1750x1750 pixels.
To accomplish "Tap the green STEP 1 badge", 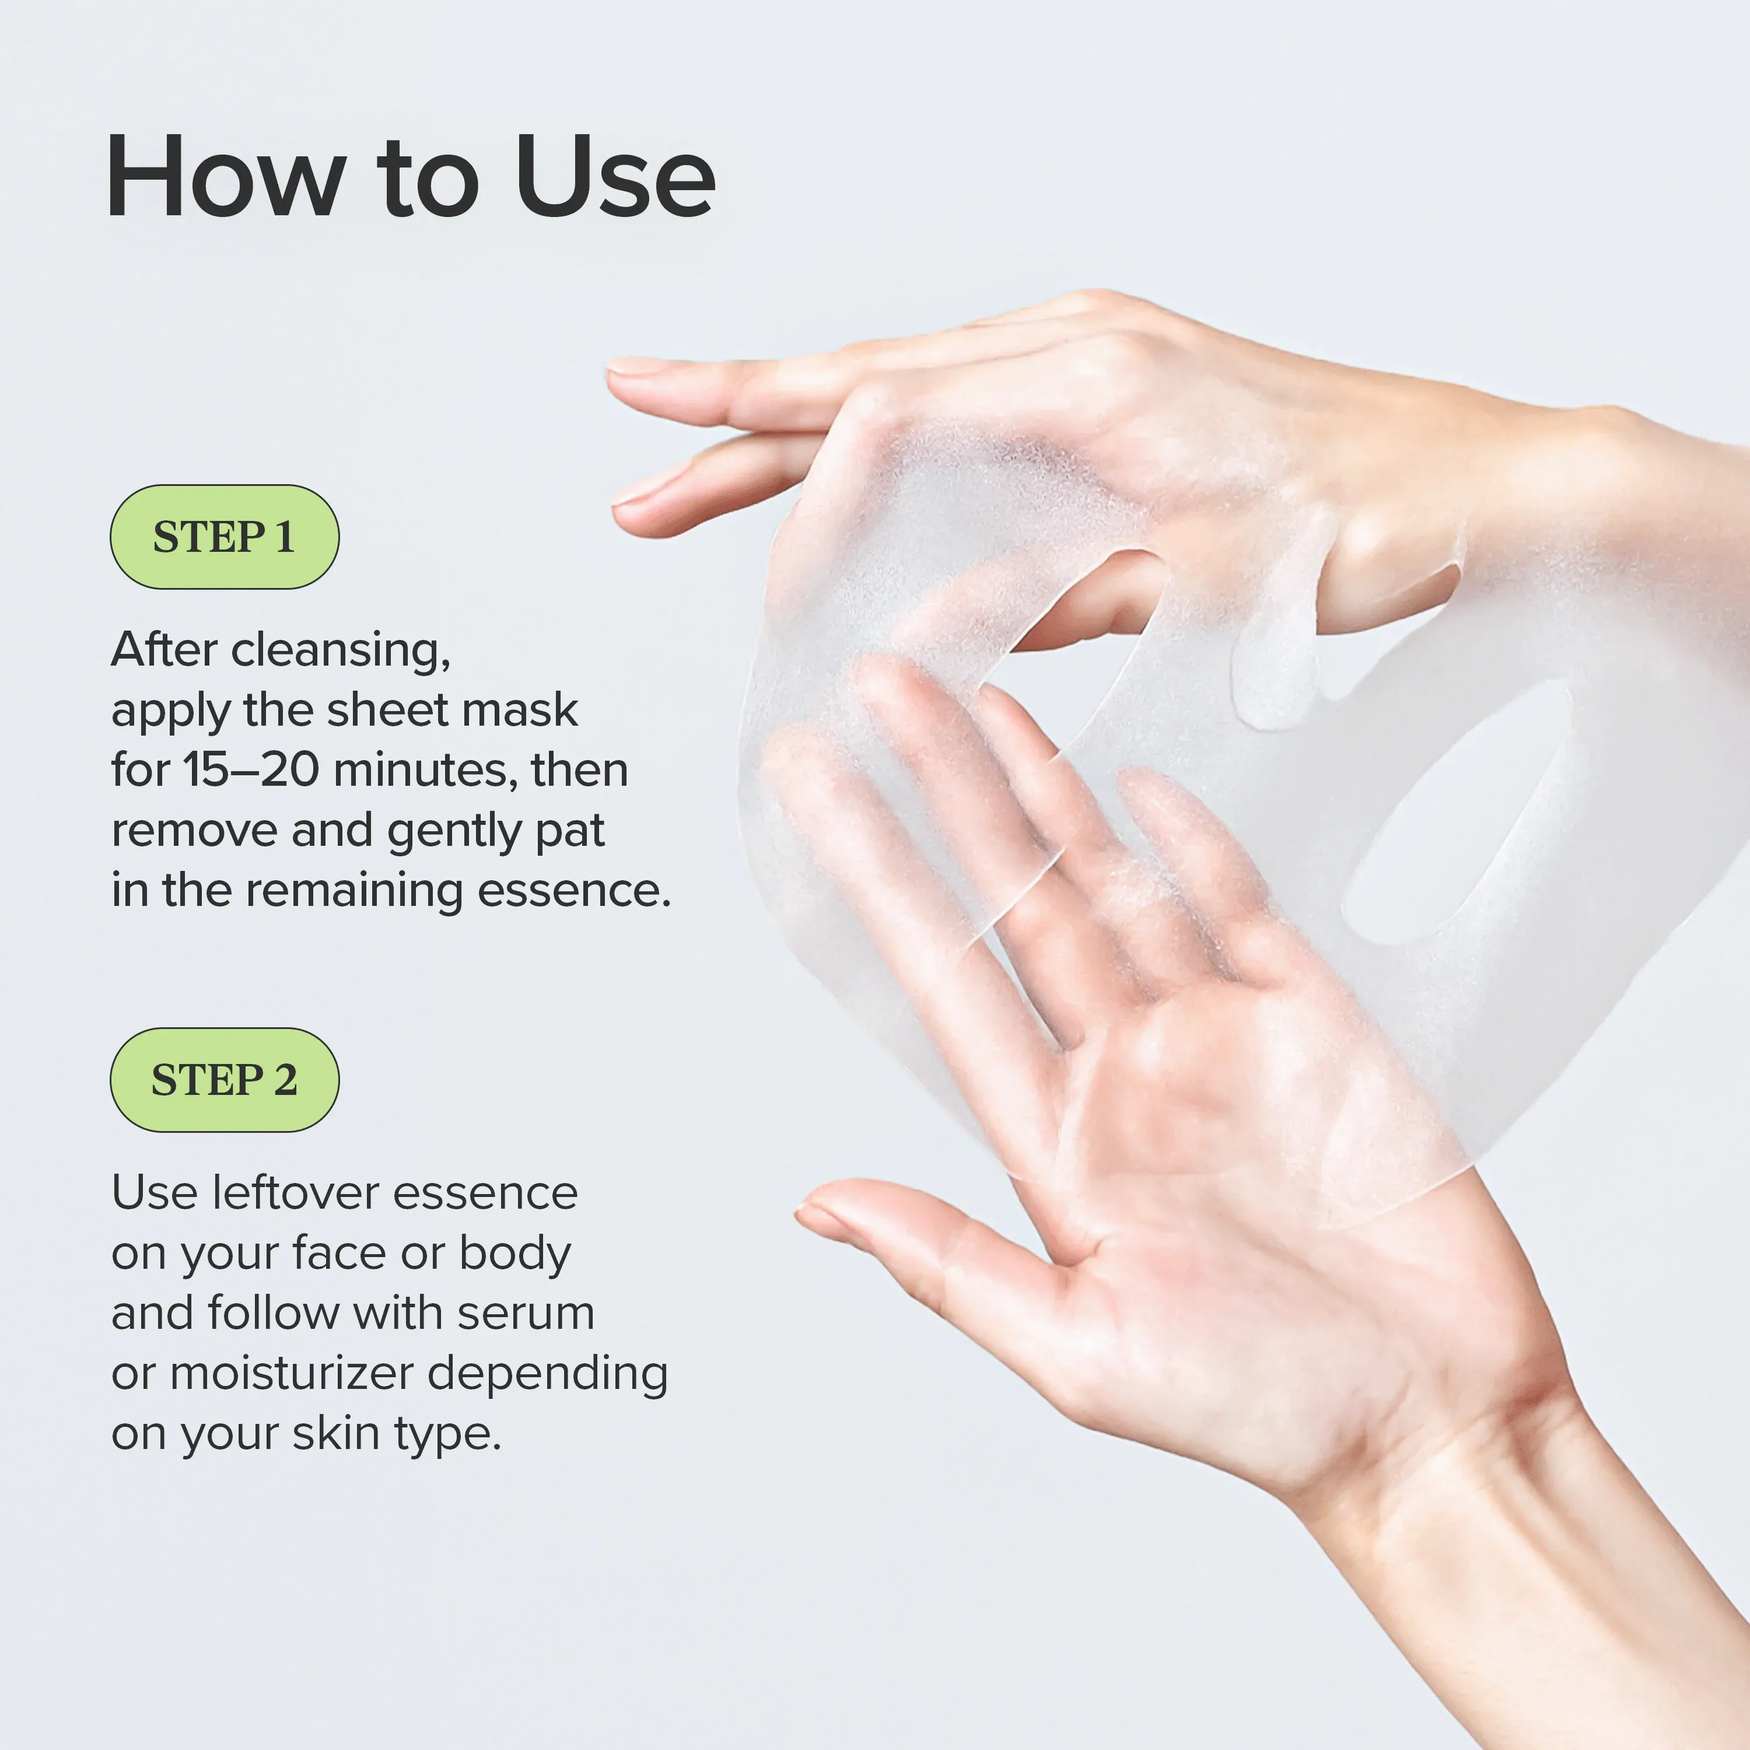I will tap(225, 537).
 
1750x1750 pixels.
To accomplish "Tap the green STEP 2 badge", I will tap(225, 1080).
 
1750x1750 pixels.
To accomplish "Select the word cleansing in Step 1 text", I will tap(339, 650).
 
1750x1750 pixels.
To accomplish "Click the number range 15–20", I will tap(251, 770).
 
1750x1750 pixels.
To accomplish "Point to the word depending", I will tap(547, 1375).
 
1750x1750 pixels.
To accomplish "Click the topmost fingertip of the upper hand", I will tap(634, 367).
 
